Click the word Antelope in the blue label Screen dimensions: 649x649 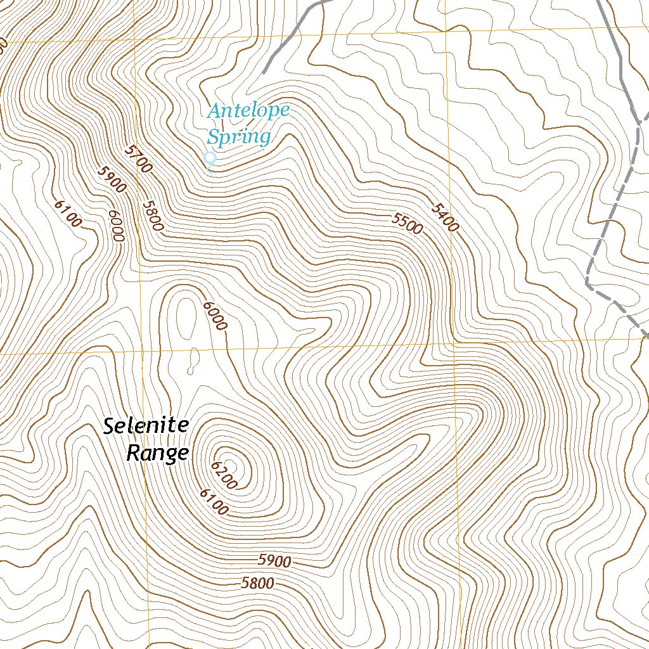click(248, 111)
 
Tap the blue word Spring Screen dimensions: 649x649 click(239, 136)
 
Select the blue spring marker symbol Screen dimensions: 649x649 click(210, 158)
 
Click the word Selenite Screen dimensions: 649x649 click(146, 426)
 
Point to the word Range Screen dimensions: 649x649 click(157, 453)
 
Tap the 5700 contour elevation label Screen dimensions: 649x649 click(139, 158)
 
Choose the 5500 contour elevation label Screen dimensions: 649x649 click(407, 223)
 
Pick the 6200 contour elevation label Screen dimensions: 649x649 click(224, 475)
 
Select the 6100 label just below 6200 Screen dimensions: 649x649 click(213, 502)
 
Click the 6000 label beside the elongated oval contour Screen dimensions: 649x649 click(215, 316)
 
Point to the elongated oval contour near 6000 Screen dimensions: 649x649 click(186, 317)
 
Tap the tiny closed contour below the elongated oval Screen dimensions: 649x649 click(189, 366)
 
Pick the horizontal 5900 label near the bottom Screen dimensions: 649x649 click(274, 561)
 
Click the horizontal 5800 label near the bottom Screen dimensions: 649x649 click(257, 584)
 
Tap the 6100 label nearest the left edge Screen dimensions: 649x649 click(68, 214)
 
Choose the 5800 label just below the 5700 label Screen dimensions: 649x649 click(153, 216)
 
